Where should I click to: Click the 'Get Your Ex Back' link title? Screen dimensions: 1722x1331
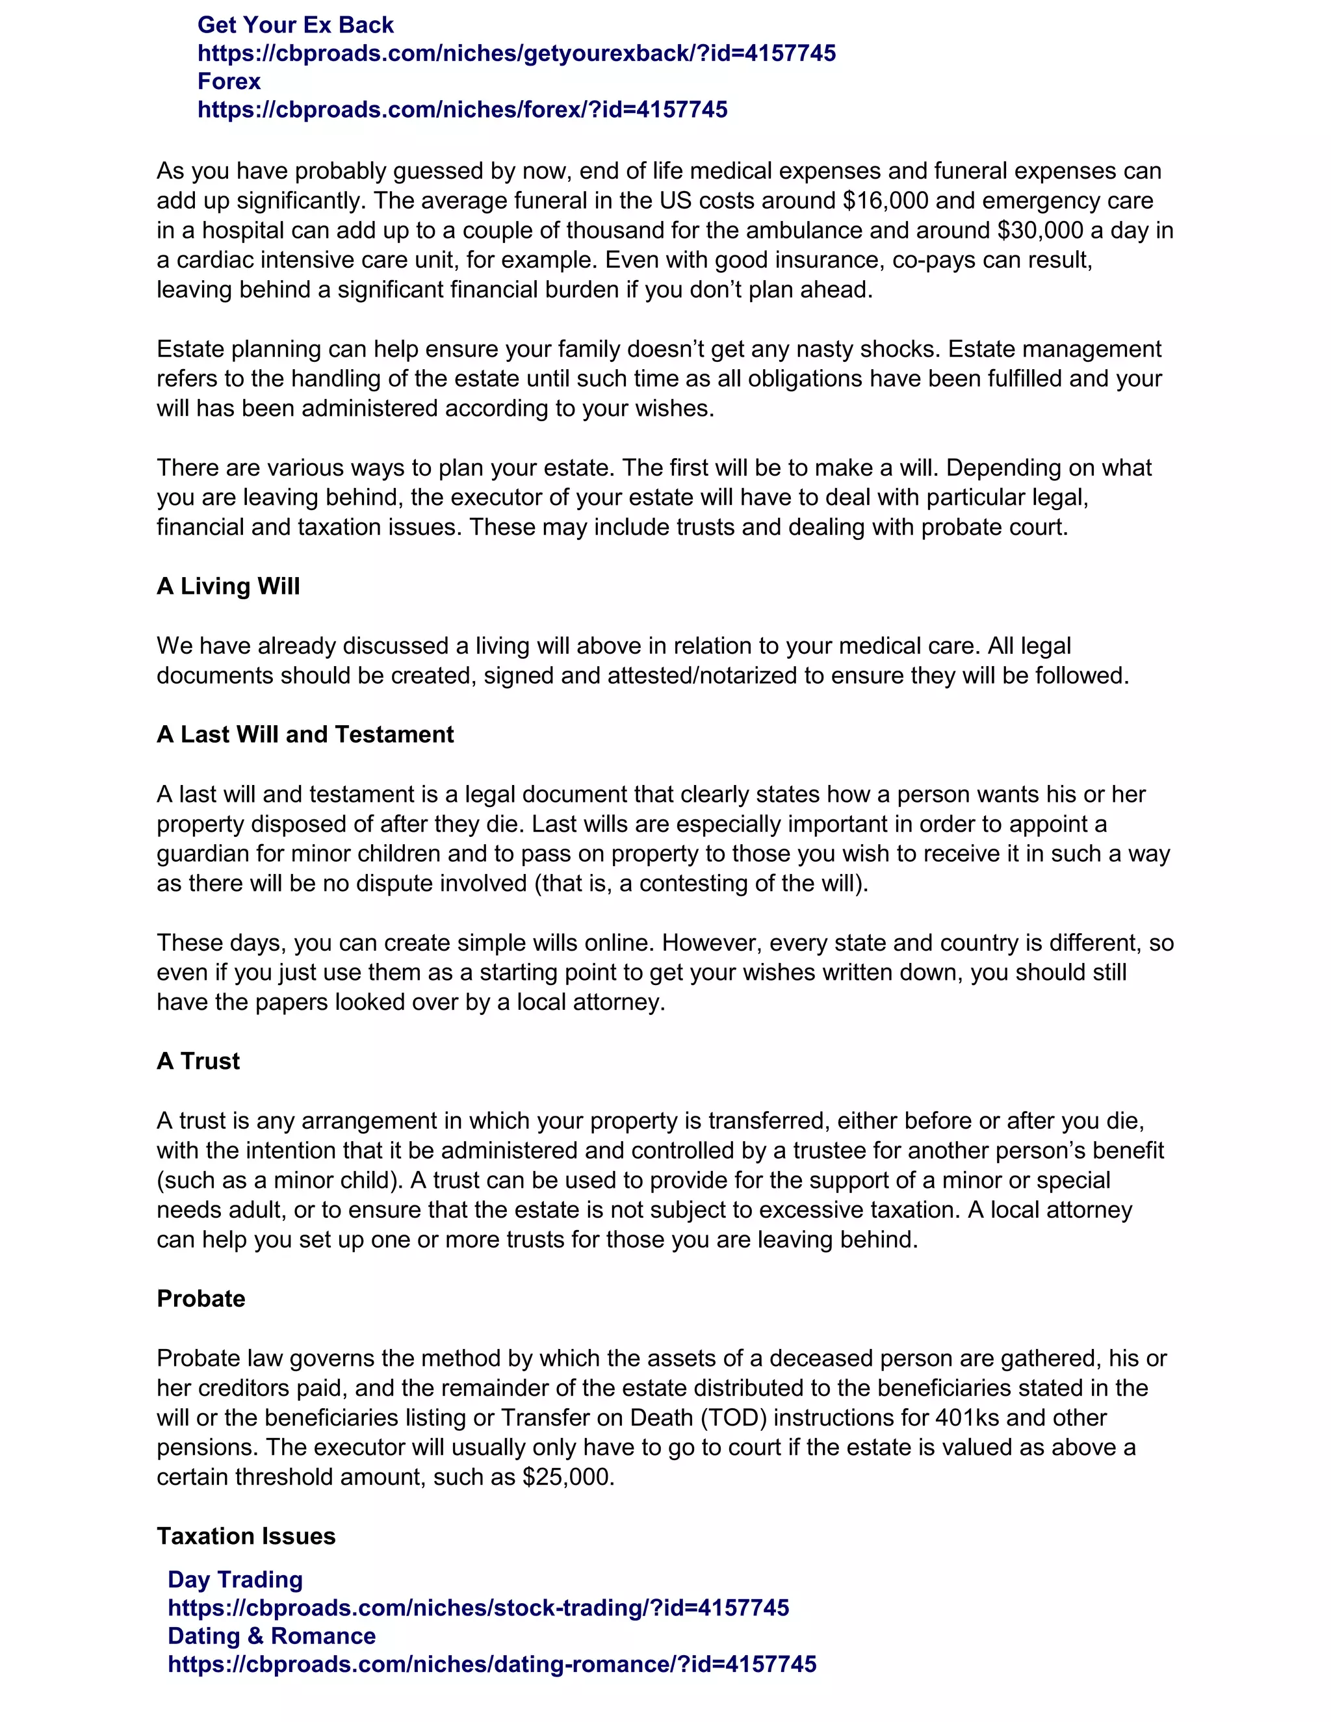pos(295,25)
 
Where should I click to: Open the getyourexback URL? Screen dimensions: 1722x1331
pos(517,54)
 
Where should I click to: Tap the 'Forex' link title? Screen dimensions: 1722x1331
pos(229,81)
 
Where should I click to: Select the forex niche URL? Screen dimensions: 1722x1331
pos(462,110)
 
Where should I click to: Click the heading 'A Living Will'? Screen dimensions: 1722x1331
pos(228,587)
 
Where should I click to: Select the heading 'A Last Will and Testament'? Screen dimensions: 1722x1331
pos(305,735)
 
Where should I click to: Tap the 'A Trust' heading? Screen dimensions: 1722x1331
pos(198,1061)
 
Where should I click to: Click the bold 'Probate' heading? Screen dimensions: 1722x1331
pos(201,1298)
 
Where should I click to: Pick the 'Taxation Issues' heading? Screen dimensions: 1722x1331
pos(246,1536)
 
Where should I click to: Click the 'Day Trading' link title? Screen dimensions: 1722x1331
pos(235,1579)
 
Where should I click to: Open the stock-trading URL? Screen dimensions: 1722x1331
pos(478,1608)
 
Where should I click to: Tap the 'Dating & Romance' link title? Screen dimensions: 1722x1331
pos(271,1636)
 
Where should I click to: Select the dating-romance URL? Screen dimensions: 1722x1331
pos(492,1664)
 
